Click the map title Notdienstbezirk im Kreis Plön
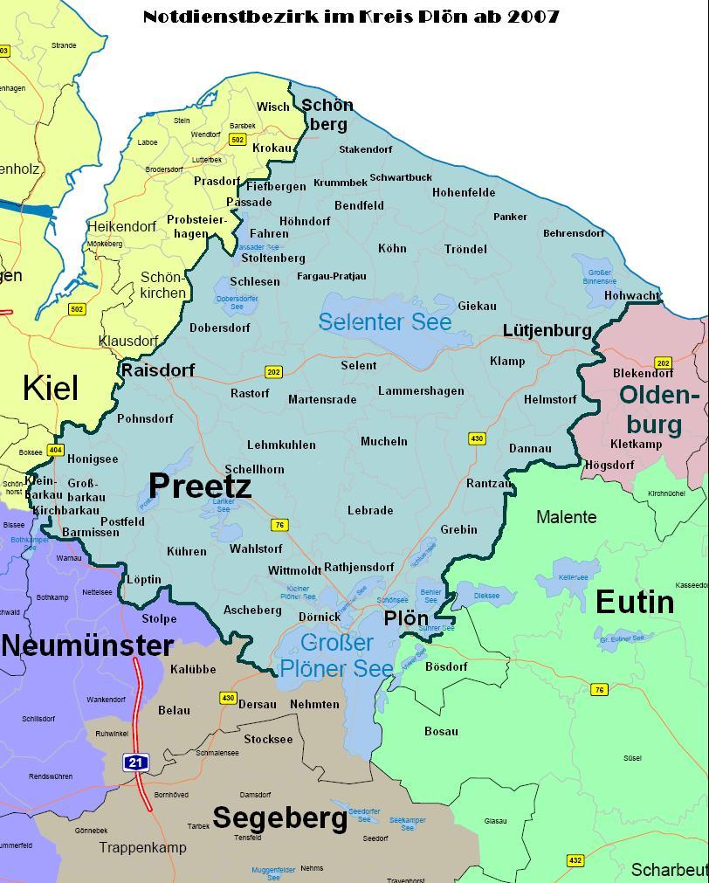351,17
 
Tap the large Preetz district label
200,486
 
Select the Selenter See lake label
385,322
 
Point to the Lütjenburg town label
547,330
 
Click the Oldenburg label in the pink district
660,410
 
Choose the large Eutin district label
635,603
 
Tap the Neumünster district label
87,646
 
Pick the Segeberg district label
280,818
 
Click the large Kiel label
51,388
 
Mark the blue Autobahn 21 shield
135,762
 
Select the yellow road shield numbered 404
55,451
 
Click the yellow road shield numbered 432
575,860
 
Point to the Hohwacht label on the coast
631,296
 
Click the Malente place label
566,517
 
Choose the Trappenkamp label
142,847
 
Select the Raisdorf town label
158,370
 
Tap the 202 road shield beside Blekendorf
663,363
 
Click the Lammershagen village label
421,391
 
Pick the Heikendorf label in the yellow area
121,227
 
